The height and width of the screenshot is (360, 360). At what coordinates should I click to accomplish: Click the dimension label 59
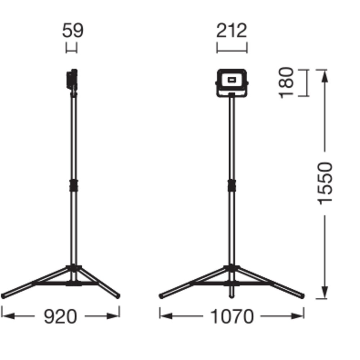(x=73, y=30)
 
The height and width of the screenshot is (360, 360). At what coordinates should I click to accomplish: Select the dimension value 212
(x=231, y=30)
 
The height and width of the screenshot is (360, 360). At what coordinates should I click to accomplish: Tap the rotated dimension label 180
(x=286, y=83)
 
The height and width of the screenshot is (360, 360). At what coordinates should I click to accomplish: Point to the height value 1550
(x=325, y=183)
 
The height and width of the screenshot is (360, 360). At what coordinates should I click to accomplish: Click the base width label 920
(x=60, y=316)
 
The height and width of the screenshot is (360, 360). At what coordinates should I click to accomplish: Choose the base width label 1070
(x=232, y=316)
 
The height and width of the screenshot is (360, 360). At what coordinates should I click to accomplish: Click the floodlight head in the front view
(x=232, y=83)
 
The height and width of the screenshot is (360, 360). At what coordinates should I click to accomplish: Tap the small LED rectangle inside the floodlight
(x=232, y=80)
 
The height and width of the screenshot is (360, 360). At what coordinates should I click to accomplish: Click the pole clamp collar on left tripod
(x=74, y=185)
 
